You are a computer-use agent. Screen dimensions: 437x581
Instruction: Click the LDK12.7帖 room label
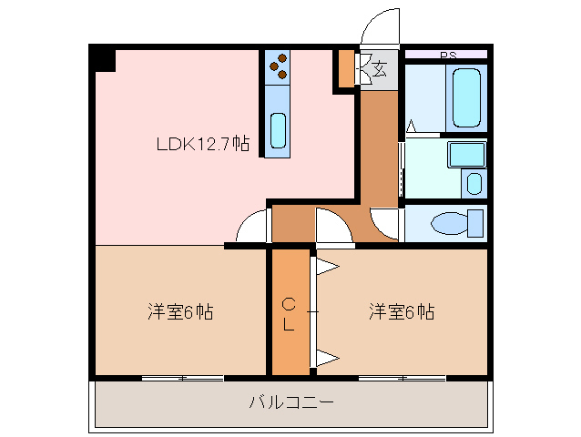[x=202, y=143]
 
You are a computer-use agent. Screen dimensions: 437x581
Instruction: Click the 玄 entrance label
[x=378, y=66]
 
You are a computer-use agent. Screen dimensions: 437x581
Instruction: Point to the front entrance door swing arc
[x=380, y=26]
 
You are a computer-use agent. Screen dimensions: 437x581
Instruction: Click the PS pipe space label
[x=447, y=56]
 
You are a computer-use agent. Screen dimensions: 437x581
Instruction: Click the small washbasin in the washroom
[x=474, y=182]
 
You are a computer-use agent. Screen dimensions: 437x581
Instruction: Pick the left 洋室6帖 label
[x=180, y=312]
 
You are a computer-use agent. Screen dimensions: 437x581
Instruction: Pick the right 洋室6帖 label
[x=401, y=312]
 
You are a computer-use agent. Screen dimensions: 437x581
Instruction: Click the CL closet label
[x=288, y=314]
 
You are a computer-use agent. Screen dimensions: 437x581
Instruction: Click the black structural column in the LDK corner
[x=103, y=59]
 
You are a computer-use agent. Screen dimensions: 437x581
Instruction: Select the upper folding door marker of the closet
[x=326, y=267]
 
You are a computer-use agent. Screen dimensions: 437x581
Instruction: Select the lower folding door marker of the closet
[x=326, y=357]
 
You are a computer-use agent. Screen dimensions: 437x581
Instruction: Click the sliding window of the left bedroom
[x=183, y=377]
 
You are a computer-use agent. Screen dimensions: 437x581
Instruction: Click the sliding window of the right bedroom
[x=401, y=377]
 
